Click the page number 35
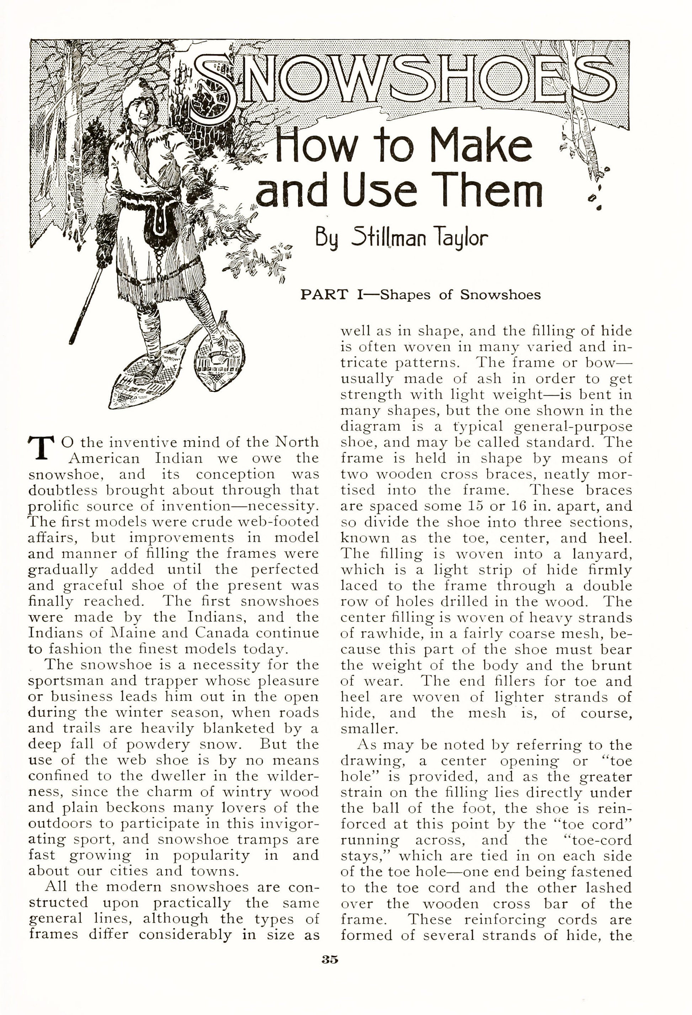point(330,960)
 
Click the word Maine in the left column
point(127,632)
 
